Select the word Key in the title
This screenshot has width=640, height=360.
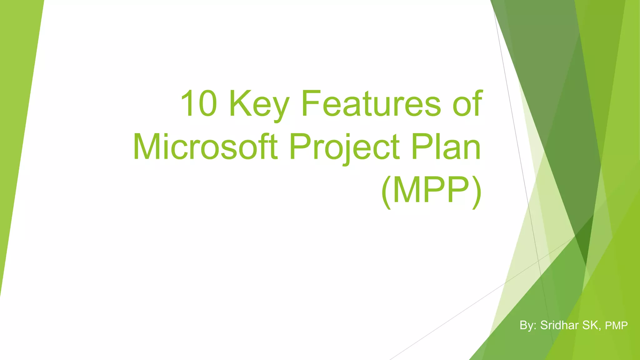coord(259,105)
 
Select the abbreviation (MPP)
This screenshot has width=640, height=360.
coord(432,191)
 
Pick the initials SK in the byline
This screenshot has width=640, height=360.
coord(590,325)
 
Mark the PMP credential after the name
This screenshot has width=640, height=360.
coord(616,326)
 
